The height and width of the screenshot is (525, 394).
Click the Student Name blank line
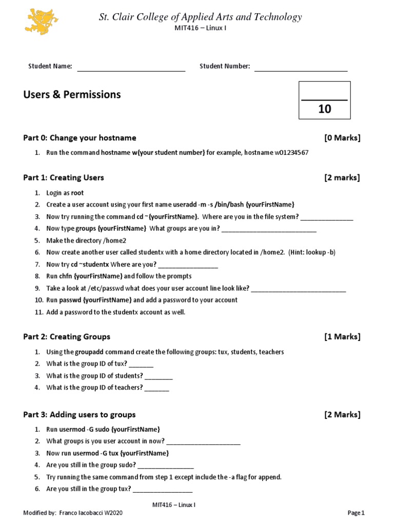coord(131,70)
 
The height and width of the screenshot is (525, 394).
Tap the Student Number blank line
coord(301,70)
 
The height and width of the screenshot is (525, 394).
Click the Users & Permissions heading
coord(72,94)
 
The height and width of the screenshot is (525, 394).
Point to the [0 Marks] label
coord(342,138)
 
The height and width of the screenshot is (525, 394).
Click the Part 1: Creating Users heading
coord(64,177)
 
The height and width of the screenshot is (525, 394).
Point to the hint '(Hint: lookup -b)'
coord(312,252)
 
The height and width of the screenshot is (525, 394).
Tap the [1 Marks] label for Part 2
coord(342,337)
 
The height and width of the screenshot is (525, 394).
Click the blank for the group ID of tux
coord(141,366)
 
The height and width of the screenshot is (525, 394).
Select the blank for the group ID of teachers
coord(157,390)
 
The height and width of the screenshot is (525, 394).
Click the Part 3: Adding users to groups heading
coord(80,414)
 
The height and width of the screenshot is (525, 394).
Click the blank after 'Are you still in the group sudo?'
coord(166,467)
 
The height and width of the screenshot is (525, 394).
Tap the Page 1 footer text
coord(356,513)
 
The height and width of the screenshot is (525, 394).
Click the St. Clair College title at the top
coord(200,17)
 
